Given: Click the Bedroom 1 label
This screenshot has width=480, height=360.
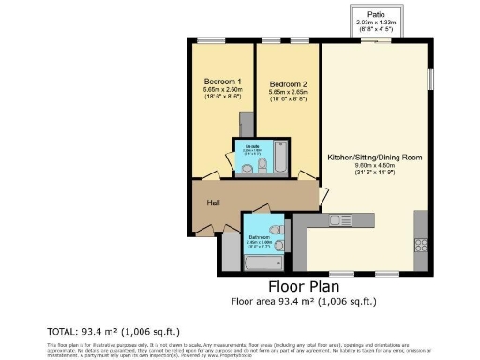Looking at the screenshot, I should point(221,82).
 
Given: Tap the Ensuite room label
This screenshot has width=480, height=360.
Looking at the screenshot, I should point(252,147).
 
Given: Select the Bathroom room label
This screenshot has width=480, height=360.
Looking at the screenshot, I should point(258,237).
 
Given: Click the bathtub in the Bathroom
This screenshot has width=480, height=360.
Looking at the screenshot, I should point(257,262).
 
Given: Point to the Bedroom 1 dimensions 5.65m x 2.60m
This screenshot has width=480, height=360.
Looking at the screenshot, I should point(221,90).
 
